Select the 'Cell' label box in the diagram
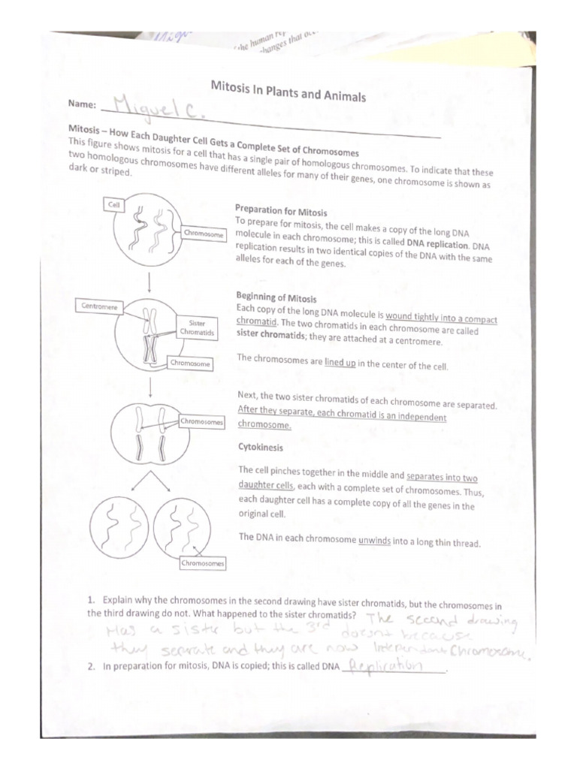click(114, 204)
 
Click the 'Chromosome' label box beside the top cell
click(204, 234)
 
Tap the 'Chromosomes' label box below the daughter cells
click(202, 562)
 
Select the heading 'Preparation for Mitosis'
click(280, 211)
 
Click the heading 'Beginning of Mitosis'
click(276, 297)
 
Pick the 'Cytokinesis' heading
click(259, 447)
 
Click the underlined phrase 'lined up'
click(340, 363)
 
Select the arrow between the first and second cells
click(150, 282)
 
